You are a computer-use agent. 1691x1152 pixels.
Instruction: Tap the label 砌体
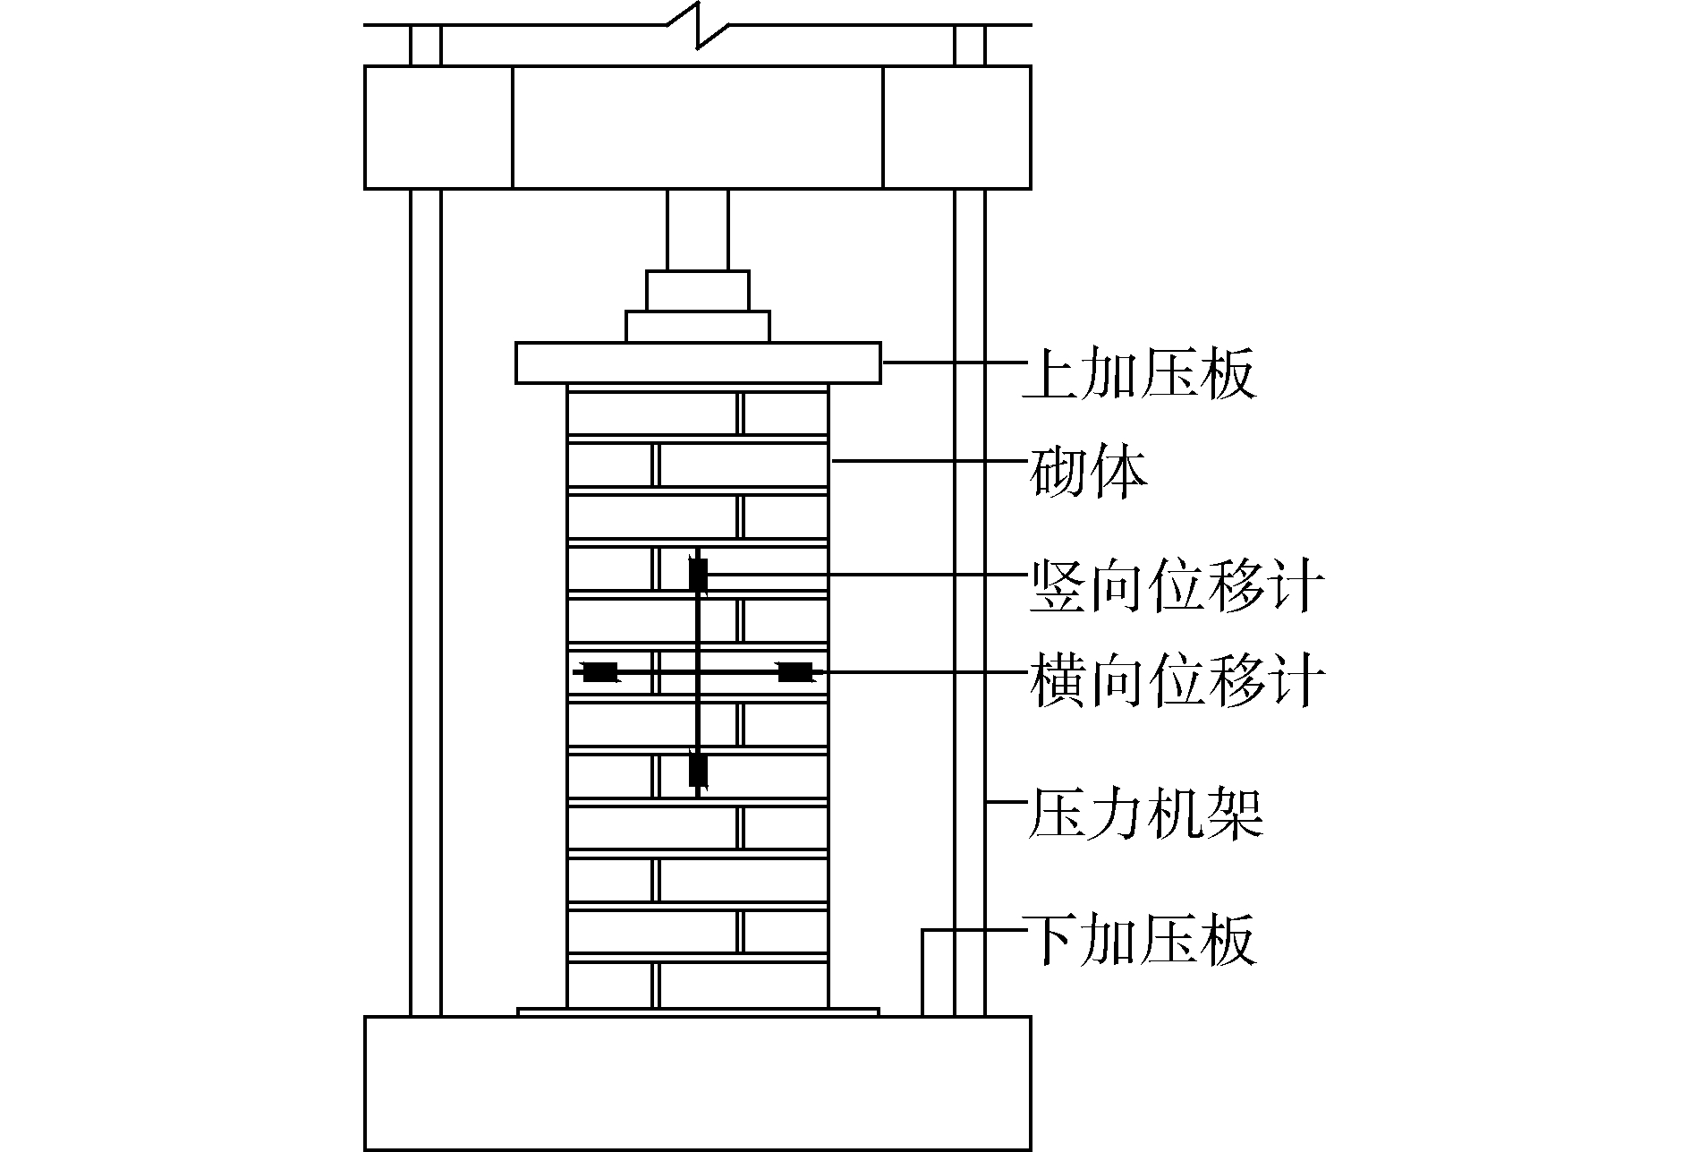point(1088,474)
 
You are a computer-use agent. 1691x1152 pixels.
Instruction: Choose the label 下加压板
point(1138,939)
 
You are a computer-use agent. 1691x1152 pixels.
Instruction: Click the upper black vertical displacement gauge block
point(698,575)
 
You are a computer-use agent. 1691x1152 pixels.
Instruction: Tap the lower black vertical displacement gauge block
point(698,769)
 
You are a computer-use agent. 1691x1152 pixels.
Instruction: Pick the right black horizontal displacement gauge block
point(794,671)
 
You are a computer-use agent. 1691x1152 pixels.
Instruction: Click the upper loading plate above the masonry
point(698,363)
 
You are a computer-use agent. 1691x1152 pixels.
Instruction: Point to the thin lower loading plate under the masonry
point(698,1012)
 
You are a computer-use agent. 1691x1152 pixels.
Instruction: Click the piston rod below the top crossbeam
point(698,229)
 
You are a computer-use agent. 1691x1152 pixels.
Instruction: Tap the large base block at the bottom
point(698,1083)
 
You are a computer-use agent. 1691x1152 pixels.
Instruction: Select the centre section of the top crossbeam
point(698,127)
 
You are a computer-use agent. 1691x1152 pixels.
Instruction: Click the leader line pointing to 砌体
point(926,461)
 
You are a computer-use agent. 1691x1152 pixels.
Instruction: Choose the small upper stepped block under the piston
point(698,290)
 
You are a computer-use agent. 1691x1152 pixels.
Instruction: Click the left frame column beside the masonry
point(426,600)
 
